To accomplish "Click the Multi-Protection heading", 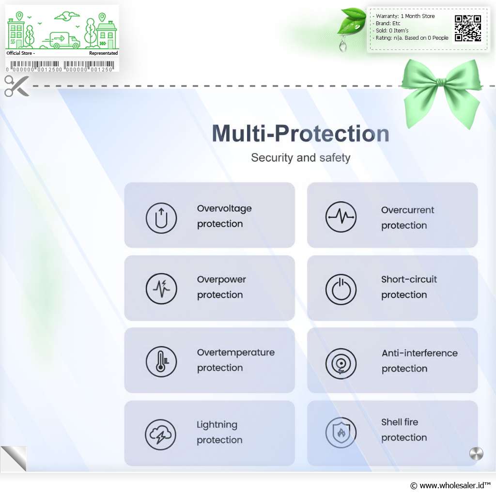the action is click(300, 133).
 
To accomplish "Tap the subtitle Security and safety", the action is click(300, 157).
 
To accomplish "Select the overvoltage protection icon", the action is click(161, 218).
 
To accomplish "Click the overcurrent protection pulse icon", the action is click(341, 217).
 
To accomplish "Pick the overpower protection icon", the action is click(161, 289).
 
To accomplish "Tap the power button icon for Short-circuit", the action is click(341, 290).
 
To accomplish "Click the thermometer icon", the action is click(161, 361).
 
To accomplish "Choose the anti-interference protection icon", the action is click(341, 364).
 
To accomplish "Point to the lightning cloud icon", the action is click(161, 434).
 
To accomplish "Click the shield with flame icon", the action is click(341, 433).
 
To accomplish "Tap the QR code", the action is click(468, 28).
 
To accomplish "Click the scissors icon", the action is click(16, 86).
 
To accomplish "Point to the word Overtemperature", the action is click(236, 353).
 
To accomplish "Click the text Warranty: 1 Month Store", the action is click(405, 16).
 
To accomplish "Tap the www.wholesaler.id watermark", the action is click(450, 485).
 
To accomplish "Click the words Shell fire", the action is click(400, 422).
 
